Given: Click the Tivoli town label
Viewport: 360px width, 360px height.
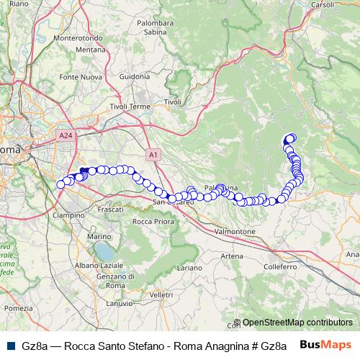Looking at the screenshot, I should [x=173, y=102].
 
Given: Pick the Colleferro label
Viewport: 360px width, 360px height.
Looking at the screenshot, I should [x=281, y=266].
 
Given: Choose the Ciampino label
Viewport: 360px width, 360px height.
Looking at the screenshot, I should [x=71, y=215].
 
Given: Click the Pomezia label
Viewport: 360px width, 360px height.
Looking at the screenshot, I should [x=19, y=308].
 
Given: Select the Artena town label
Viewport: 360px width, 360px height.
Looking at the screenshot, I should [x=232, y=256].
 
